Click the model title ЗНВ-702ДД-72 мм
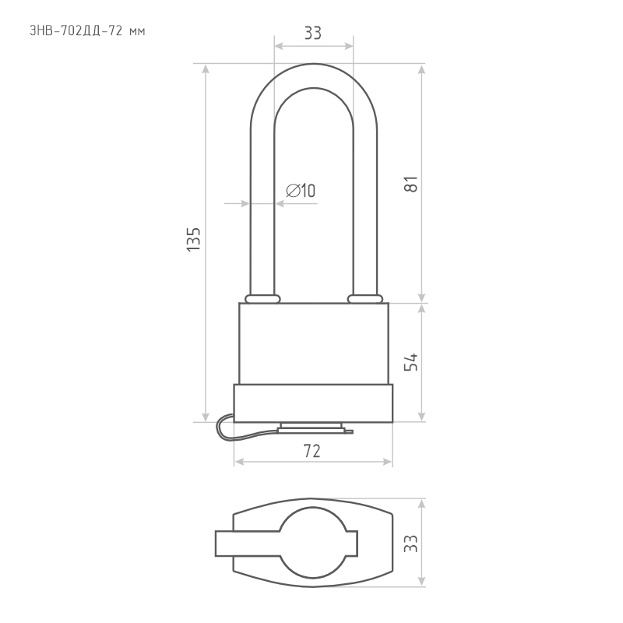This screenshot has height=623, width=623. pyautogui.click(x=87, y=31)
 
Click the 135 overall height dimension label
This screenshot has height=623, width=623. pyautogui.click(x=193, y=239)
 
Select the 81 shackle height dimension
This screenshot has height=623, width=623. pyautogui.click(x=411, y=184)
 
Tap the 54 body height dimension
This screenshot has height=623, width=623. pyautogui.click(x=411, y=361)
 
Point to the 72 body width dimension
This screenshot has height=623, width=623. pyautogui.click(x=312, y=451)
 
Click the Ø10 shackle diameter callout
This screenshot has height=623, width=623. pyautogui.click(x=301, y=191)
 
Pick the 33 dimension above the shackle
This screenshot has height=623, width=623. pyautogui.click(x=313, y=33)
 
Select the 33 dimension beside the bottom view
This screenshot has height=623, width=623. pyautogui.click(x=411, y=544)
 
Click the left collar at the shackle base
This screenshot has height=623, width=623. pyautogui.click(x=262, y=299)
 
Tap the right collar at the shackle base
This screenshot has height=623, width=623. pyautogui.click(x=365, y=299)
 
